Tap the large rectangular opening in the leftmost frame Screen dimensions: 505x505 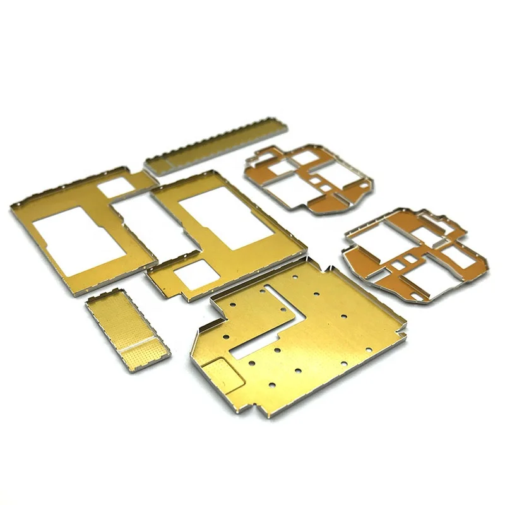[x=80, y=239]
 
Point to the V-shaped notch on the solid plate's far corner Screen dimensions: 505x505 [x=329, y=268]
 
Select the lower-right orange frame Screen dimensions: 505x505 [x=413, y=252]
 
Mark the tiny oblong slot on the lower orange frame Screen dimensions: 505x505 [x=410, y=259]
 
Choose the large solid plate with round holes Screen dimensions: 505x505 [x=303, y=341]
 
